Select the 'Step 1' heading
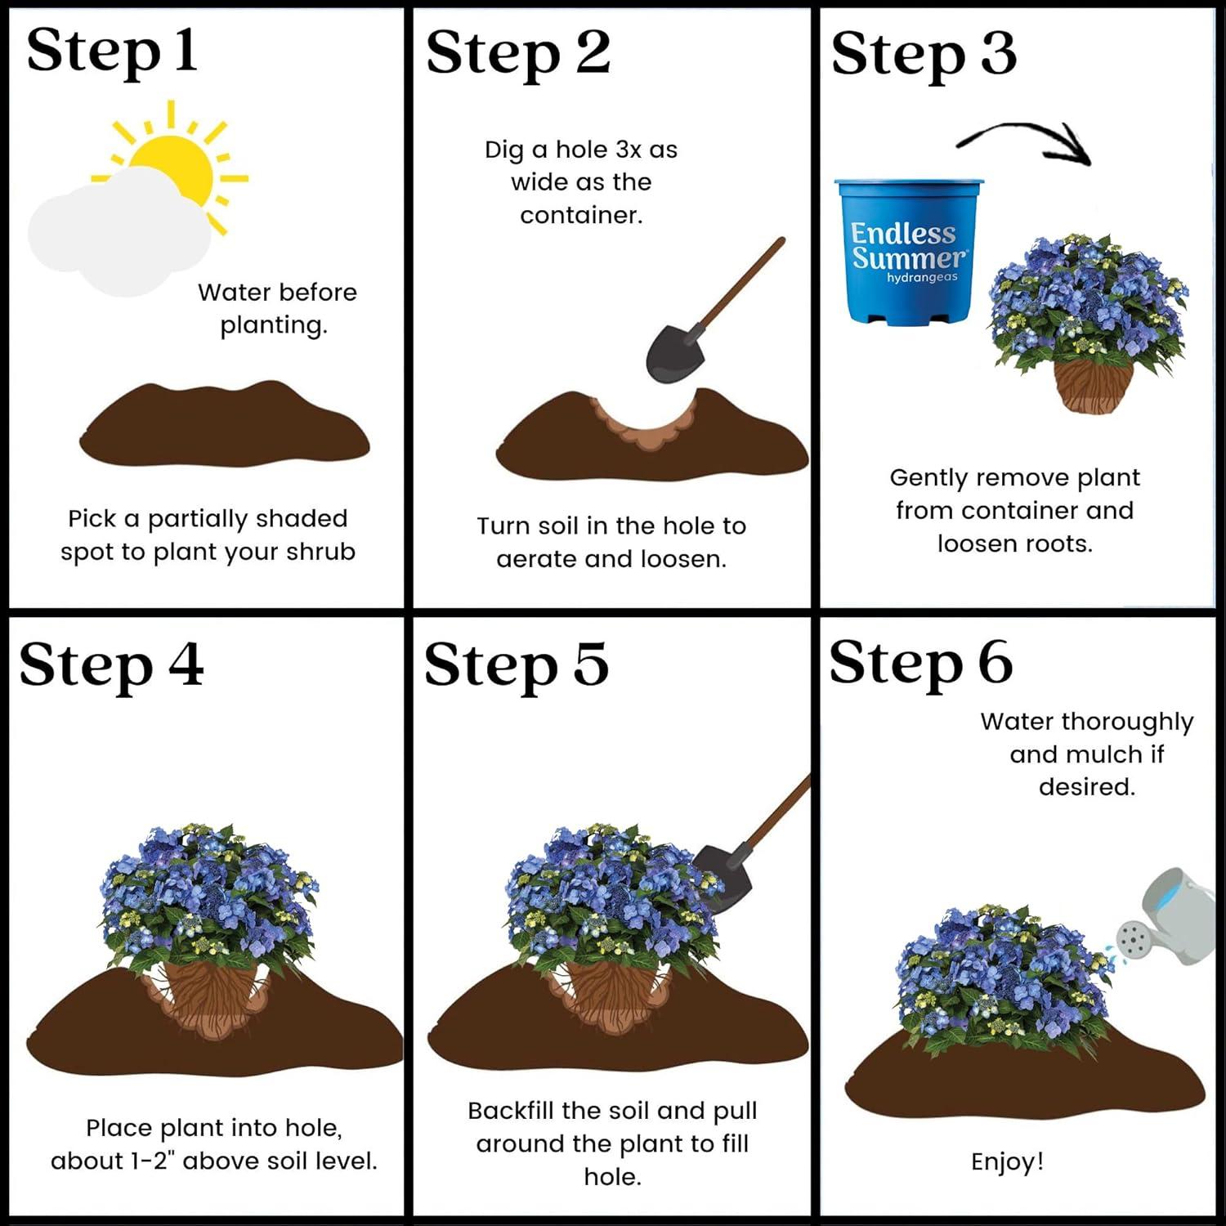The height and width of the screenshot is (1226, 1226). [x=112, y=51]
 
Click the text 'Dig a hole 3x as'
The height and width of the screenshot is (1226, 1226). [x=580, y=150]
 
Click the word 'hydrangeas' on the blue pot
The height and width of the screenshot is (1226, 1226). [x=922, y=278]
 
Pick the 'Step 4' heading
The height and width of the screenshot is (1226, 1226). [x=111, y=664]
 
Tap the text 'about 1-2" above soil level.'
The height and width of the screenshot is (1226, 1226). [x=214, y=1161]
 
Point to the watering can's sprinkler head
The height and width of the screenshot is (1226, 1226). [x=1132, y=940]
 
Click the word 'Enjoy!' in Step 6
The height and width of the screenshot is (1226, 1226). [x=1007, y=1161]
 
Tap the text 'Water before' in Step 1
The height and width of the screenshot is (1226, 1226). [x=277, y=293]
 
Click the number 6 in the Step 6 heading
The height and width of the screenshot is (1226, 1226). [x=995, y=662]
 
